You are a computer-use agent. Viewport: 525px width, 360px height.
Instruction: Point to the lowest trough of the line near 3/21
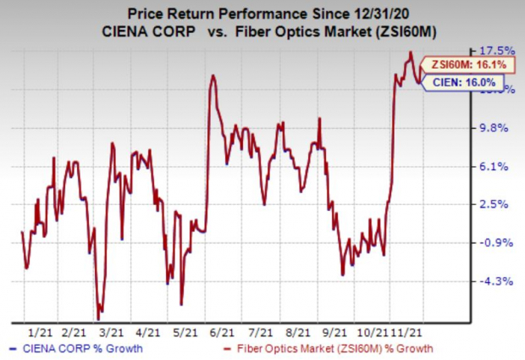(100, 318)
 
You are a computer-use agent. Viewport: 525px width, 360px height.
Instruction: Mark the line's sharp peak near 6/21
(212, 76)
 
